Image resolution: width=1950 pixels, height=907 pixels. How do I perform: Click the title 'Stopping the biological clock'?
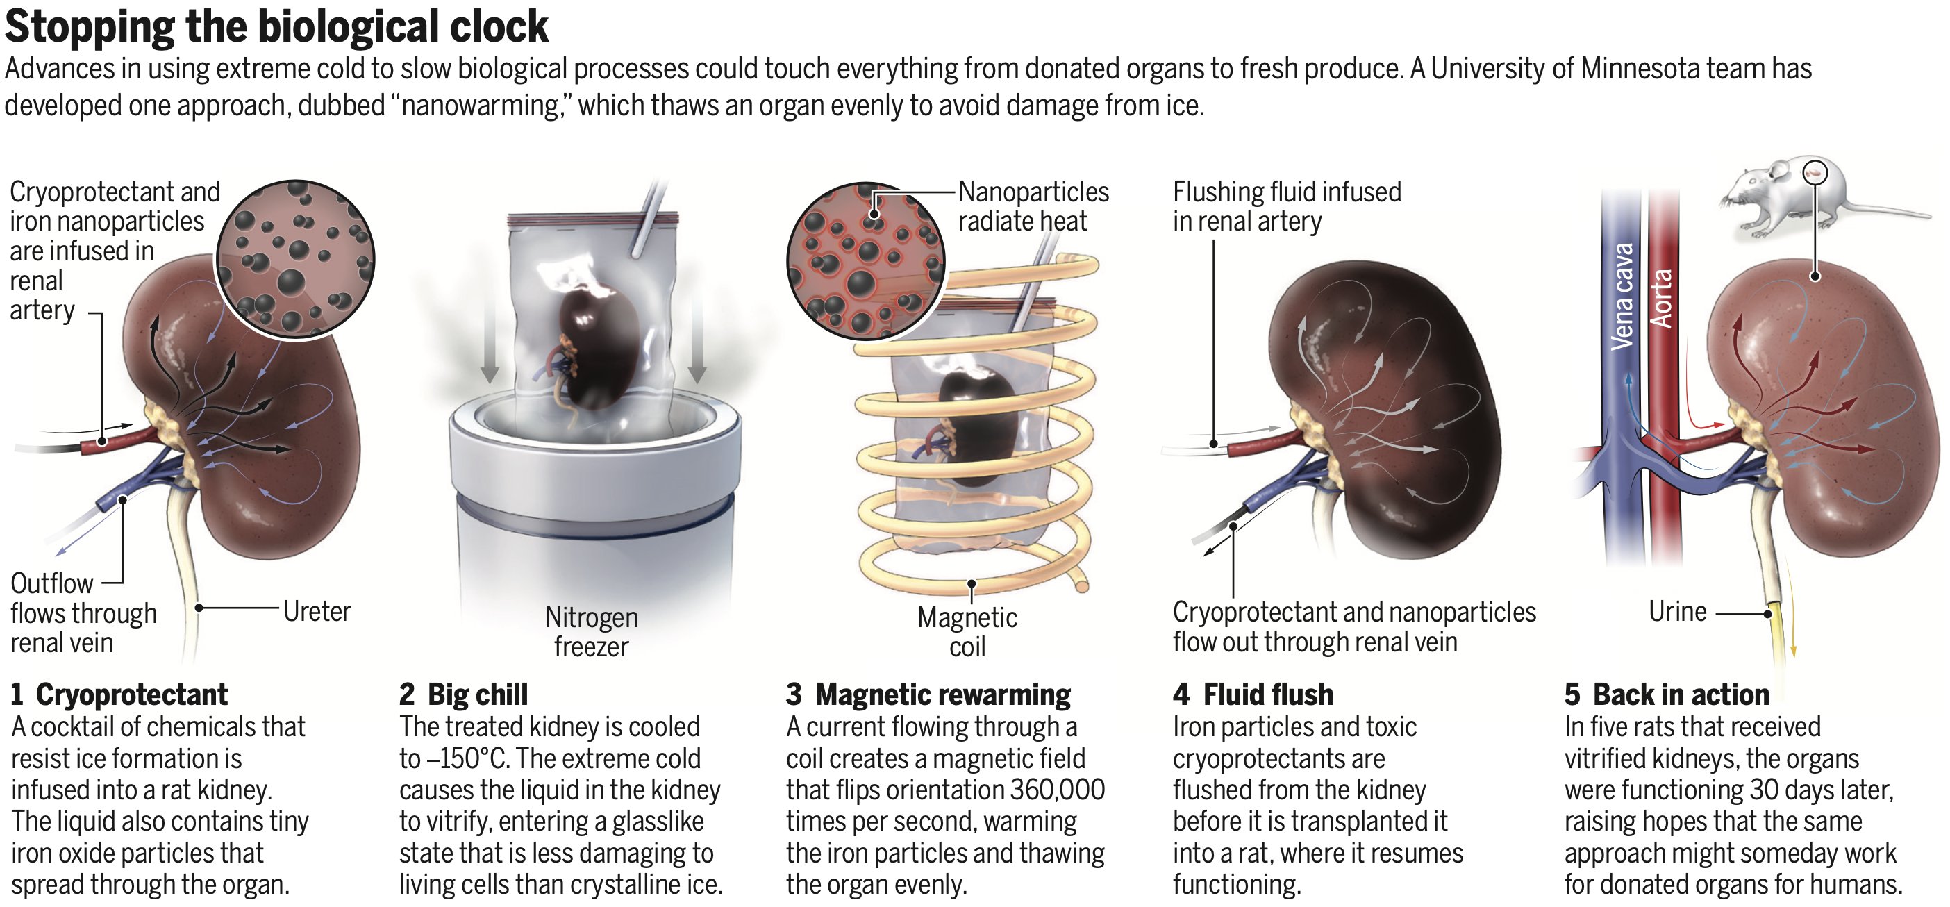276,27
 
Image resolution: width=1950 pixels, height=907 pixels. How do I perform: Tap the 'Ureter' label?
317,611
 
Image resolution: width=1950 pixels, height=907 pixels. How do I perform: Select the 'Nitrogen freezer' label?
591,631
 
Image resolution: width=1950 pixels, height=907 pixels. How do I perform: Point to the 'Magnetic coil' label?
967,631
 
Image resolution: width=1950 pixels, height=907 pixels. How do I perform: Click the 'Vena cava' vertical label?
1622,297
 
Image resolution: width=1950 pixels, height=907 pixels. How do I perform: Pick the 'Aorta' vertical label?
1662,299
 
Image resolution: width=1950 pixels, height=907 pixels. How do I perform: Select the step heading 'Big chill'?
478,694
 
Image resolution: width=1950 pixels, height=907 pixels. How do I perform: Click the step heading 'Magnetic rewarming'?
942,694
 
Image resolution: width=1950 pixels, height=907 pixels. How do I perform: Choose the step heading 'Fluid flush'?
1268,694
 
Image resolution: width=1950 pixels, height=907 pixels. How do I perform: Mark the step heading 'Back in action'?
1681,694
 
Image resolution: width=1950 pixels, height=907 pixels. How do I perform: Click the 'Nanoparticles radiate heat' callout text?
1033,206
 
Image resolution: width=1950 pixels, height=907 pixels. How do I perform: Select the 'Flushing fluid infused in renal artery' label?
1286,206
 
